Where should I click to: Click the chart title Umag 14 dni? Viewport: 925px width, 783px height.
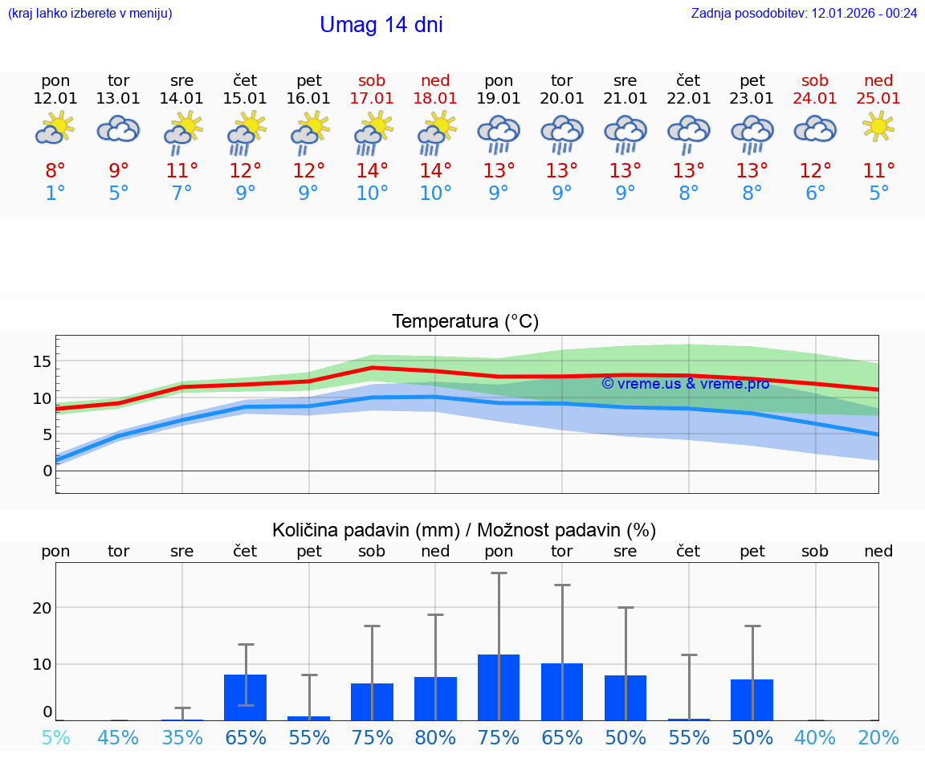pyautogui.click(x=381, y=25)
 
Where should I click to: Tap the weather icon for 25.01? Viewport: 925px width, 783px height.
pyautogui.click(x=878, y=127)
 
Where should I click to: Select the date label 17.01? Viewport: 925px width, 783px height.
pyautogui.click(x=372, y=98)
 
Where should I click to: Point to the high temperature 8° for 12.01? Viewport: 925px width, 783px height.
pyautogui.click(x=55, y=170)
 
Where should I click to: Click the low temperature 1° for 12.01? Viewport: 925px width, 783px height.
pyautogui.click(x=55, y=194)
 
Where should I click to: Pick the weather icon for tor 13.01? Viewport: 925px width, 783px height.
pyautogui.click(x=119, y=128)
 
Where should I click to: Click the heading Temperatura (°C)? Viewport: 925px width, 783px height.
pyautogui.click(x=465, y=321)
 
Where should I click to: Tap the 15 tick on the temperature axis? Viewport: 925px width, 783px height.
pyautogui.click(x=42, y=361)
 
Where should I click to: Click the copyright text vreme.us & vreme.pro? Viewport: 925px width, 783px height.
pyautogui.click(x=685, y=384)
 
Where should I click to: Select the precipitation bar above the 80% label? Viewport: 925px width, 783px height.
pyautogui.click(x=435, y=698)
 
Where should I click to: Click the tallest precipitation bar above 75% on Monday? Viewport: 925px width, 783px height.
pyautogui.click(x=499, y=687)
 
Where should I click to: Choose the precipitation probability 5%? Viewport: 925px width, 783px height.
pyautogui.click(x=55, y=737)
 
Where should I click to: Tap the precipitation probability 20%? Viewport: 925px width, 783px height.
pyautogui.click(x=878, y=737)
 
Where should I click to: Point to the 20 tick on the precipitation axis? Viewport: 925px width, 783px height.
pyautogui.click(x=42, y=608)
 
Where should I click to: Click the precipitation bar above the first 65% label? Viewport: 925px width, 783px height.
pyautogui.click(x=245, y=697)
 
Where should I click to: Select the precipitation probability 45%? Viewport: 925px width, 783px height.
pyautogui.click(x=119, y=737)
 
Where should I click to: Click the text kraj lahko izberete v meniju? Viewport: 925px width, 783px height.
pyautogui.click(x=90, y=13)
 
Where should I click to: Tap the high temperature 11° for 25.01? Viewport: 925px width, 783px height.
pyautogui.click(x=878, y=170)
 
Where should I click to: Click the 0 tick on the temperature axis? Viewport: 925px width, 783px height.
pyautogui.click(x=47, y=471)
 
